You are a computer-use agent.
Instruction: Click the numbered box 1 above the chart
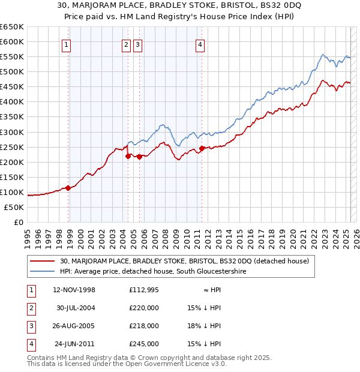tap(65, 44)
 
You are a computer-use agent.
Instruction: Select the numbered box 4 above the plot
tap(200, 44)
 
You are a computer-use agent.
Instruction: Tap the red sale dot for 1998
tap(68, 188)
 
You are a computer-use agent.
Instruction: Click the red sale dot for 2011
tap(202, 148)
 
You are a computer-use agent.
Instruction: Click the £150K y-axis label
tap(12, 177)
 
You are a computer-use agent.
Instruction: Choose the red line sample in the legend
tap(42, 262)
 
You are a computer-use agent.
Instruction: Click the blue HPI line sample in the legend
tap(42, 272)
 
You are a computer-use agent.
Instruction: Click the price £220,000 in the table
tap(144, 308)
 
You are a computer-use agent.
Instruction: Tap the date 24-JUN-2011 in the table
tap(74, 344)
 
